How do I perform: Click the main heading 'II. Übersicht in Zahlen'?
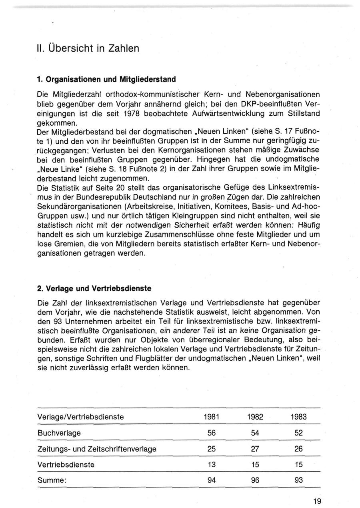point(88,48)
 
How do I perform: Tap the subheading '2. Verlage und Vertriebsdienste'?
point(94,288)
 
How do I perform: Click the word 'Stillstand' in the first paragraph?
point(304,114)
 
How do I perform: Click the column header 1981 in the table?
point(212,417)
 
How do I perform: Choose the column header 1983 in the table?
point(298,417)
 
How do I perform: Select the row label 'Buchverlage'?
point(59,433)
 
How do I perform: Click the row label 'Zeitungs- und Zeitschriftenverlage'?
point(97,449)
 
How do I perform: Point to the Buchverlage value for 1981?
point(212,433)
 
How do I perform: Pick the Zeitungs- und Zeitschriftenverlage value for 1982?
point(255,449)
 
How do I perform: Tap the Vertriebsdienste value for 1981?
point(212,465)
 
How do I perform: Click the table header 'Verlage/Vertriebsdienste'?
point(80,417)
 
